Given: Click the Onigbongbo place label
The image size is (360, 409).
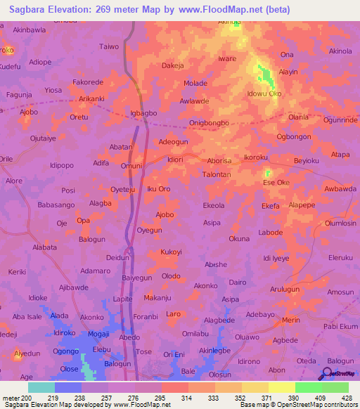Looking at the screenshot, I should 210,123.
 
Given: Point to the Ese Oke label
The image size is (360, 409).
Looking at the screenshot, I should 276,183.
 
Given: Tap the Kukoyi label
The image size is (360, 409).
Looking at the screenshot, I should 172,252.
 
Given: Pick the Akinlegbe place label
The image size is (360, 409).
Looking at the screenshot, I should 214,350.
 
